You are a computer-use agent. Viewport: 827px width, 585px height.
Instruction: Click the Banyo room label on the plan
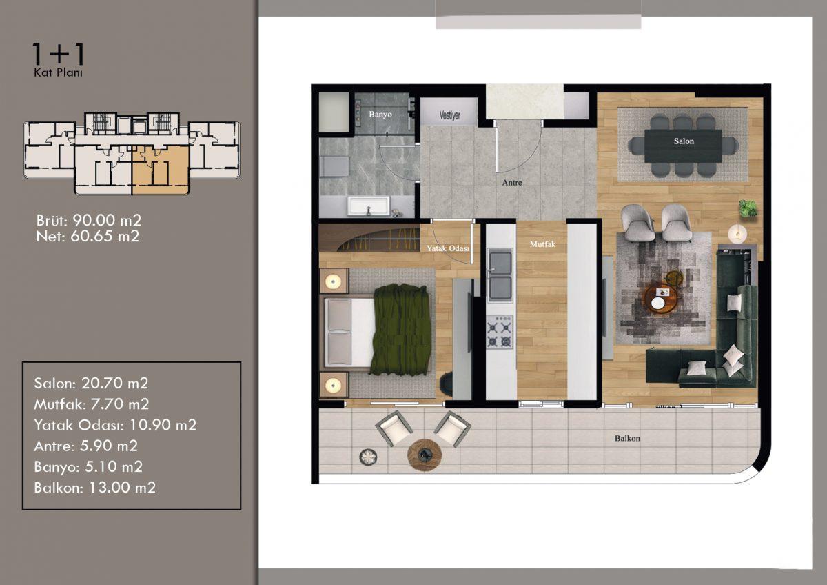(x=380, y=115)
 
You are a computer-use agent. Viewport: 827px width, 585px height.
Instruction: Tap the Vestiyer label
(x=449, y=115)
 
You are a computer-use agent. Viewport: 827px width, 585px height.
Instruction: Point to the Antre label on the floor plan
(x=512, y=183)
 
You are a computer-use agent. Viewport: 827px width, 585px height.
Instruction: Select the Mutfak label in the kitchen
(x=542, y=244)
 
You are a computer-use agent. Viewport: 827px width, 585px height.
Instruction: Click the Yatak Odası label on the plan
(x=448, y=248)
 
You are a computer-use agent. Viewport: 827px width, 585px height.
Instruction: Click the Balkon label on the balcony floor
(x=627, y=439)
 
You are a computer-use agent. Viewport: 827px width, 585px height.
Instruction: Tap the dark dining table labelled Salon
(x=683, y=146)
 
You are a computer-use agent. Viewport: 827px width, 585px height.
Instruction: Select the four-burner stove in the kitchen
(x=500, y=332)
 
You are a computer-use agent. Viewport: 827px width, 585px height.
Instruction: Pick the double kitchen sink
(x=500, y=275)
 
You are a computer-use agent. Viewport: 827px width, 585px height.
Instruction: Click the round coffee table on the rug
(x=661, y=299)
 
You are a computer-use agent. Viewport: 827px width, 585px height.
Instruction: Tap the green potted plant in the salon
(x=747, y=209)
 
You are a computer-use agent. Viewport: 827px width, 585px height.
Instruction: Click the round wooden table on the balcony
(x=425, y=455)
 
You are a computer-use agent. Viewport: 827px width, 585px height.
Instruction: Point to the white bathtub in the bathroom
(x=368, y=206)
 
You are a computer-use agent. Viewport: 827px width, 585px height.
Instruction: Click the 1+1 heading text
(x=58, y=54)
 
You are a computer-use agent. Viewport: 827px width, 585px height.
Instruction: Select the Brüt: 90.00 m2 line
(x=89, y=221)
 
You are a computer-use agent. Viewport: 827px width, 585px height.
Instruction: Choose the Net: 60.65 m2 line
(x=88, y=237)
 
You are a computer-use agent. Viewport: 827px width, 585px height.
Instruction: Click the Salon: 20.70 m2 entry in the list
(x=91, y=384)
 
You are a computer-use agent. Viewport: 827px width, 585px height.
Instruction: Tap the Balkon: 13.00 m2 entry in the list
(x=94, y=488)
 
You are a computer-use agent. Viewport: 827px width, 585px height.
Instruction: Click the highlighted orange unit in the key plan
(x=161, y=170)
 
